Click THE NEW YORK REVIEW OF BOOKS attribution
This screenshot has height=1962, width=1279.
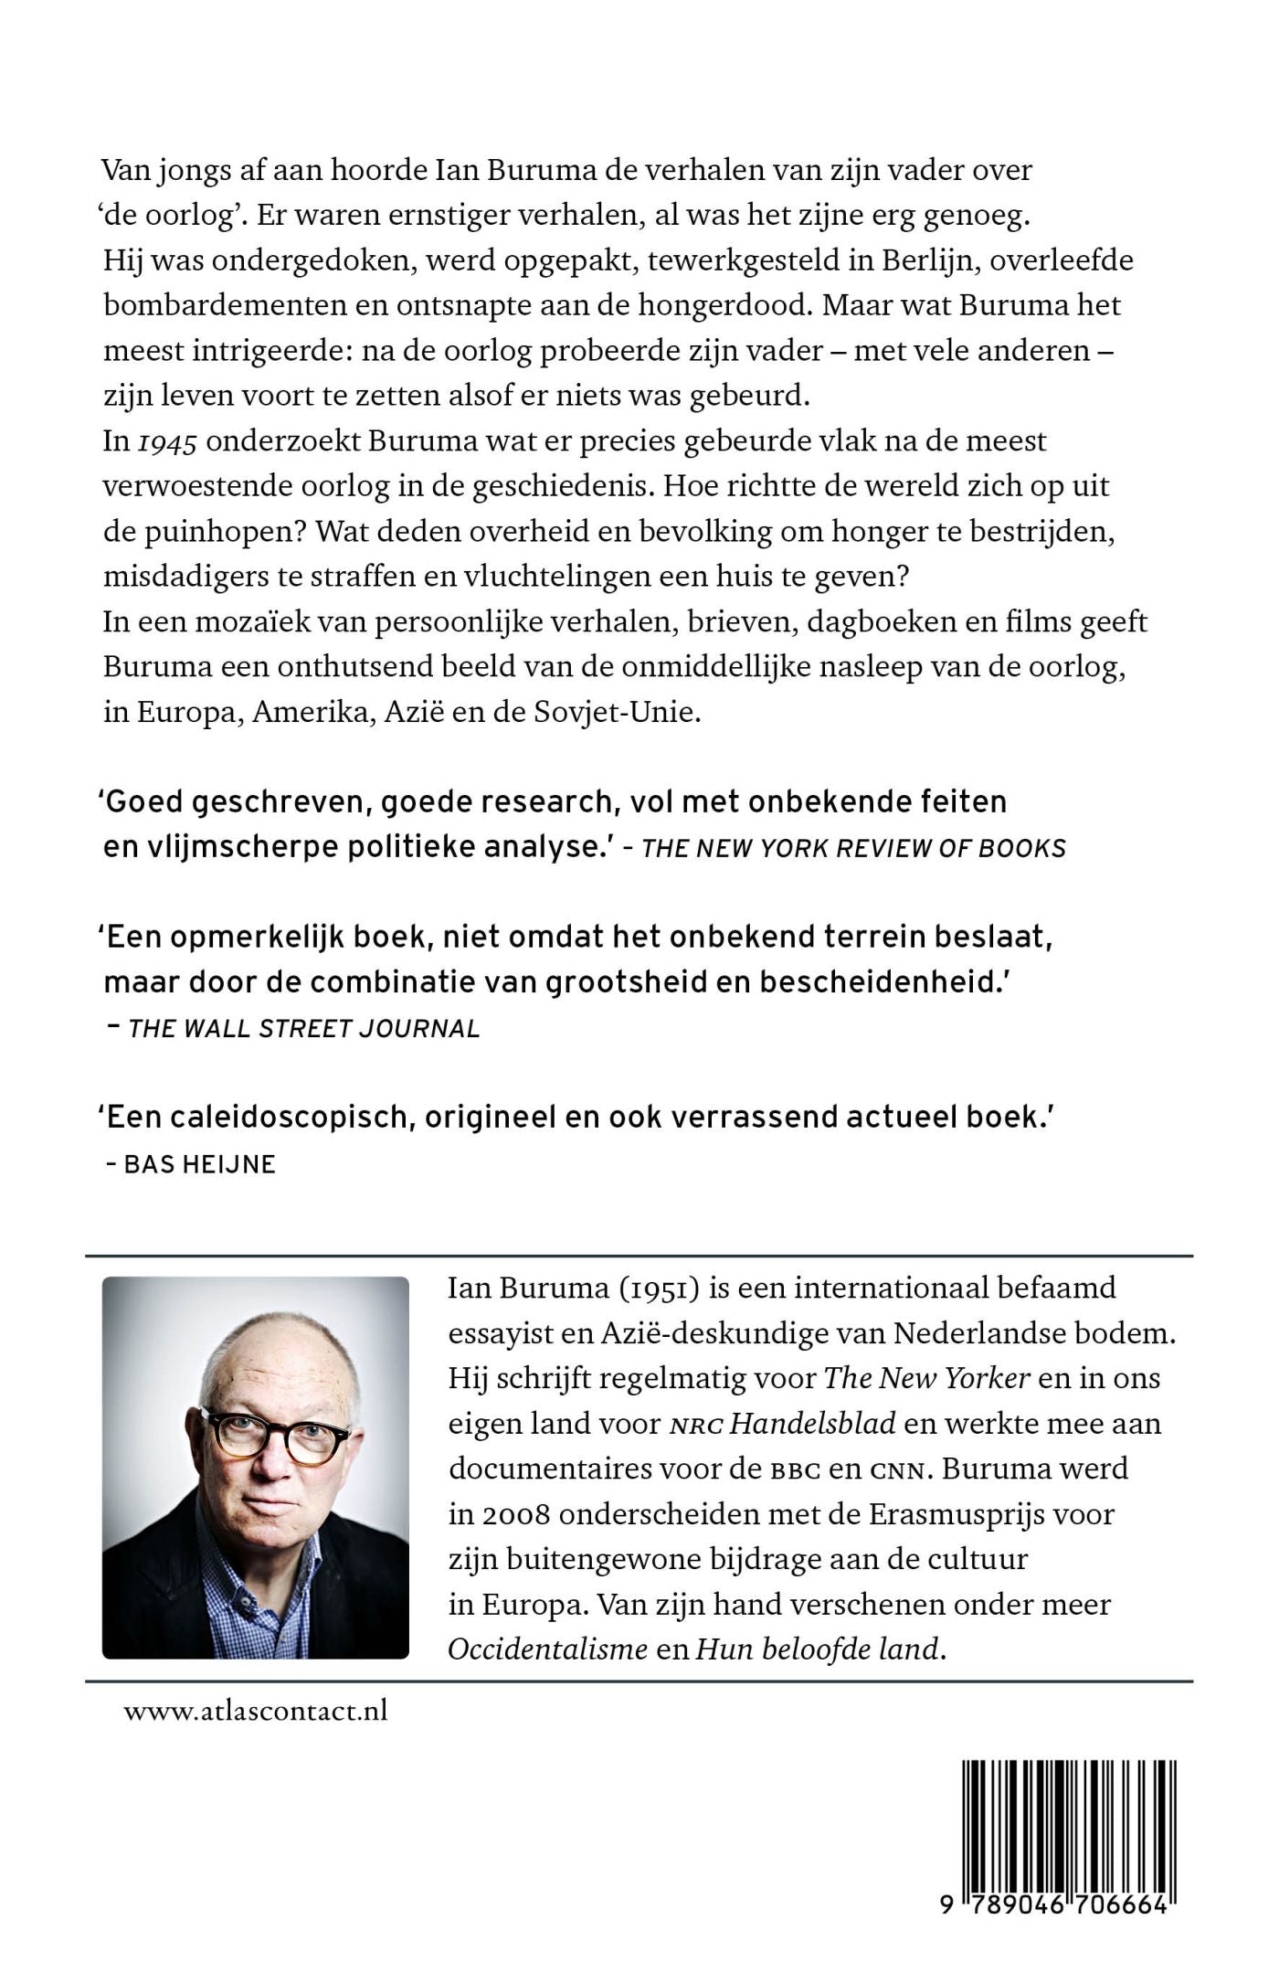click(853, 849)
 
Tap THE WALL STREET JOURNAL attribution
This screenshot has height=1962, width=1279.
click(304, 1029)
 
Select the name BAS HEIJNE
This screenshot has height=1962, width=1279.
click(199, 1164)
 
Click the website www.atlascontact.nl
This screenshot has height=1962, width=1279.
click(256, 1711)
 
